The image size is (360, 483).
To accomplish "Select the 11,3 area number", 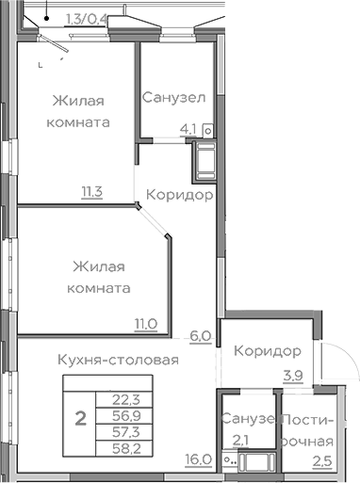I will pos(92,193).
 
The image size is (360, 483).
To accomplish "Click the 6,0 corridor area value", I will pos(199,334).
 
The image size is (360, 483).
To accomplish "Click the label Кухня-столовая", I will pos(118,360).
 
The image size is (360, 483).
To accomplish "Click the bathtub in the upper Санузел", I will pos(204,162).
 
